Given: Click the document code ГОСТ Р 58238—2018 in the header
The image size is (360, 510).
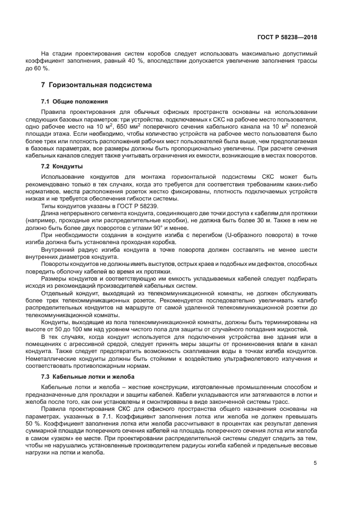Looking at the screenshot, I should tap(289, 38).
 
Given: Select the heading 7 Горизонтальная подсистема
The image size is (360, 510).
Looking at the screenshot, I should tap(97, 86).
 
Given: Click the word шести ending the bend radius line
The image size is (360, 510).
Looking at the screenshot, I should tap(308, 250).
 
